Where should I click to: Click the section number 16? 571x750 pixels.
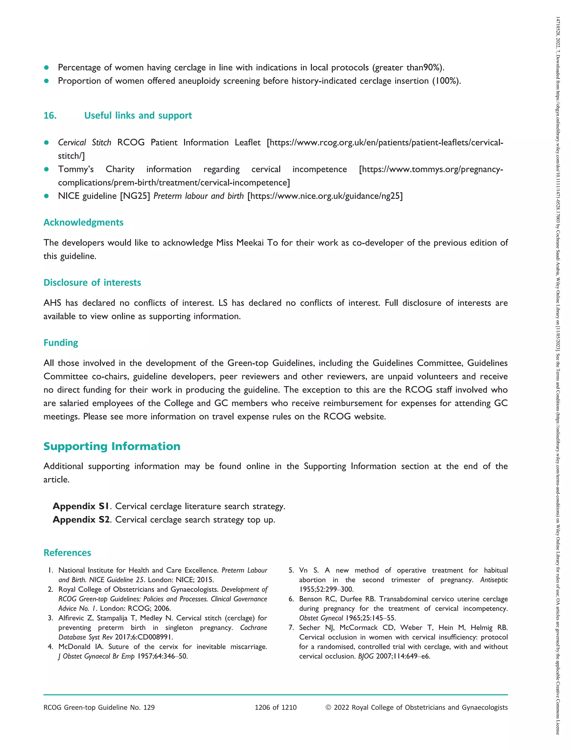[50, 116]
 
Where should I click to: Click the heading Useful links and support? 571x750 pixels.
[138, 116]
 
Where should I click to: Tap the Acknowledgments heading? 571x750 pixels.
[83, 223]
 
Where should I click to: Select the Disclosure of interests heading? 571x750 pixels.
[92, 283]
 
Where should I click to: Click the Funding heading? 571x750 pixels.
[61, 343]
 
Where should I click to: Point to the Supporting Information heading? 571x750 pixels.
[112, 446]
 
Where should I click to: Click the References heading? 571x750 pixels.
[67, 553]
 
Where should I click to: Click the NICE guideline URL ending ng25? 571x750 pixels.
[325, 196]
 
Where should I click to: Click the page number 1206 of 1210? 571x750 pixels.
[276, 708]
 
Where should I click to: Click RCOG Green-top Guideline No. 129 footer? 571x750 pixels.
[99, 708]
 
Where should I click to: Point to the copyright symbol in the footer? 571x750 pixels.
[328, 708]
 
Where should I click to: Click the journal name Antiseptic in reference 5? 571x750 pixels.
[494, 580]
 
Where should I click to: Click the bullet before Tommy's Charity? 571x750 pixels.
[47, 169]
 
